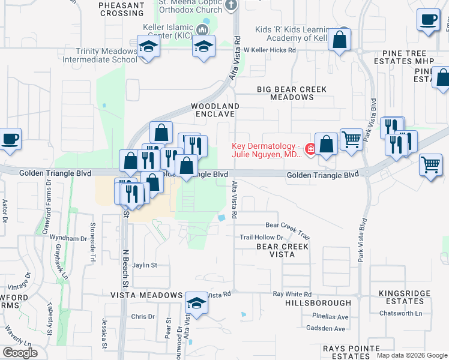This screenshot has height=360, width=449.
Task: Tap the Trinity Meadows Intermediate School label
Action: coord(100,56)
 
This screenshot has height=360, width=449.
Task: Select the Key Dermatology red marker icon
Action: coord(310,148)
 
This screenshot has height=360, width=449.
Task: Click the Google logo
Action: coord(19,352)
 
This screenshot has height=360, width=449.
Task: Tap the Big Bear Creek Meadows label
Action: coord(292,93)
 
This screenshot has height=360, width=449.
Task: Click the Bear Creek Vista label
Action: coord(282,250)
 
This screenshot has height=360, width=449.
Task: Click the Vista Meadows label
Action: coord(146,295)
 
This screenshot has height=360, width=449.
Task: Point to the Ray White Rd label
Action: coord(292,294)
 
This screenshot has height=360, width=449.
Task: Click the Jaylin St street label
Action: coord(145,265)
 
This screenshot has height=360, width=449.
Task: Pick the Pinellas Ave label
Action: coord(326,316)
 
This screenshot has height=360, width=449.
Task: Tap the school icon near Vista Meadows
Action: coord(196,304)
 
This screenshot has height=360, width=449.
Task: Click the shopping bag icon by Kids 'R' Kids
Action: coord(339,40)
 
